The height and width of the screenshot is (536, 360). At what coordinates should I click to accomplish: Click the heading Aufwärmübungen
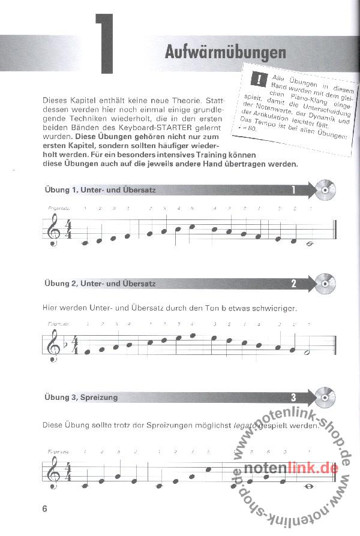pyautogui.click(x=225, y=53)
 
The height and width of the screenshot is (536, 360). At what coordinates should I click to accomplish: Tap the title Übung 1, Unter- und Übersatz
pyautogui.click(x=100, y=190)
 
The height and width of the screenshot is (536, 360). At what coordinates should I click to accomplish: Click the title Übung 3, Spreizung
pyautogui.click(x=81, y=397)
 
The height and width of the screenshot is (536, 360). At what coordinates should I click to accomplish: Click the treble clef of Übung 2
pyautogui.click(x=52, y=345)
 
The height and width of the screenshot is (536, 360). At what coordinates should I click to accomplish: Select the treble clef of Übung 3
pyautogui.click(x=52, y=471)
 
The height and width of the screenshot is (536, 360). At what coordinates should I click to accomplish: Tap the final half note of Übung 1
pyautogui.click(x=311, y=243)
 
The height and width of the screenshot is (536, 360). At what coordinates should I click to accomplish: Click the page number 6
pyautogui.click(x=45, y=509)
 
